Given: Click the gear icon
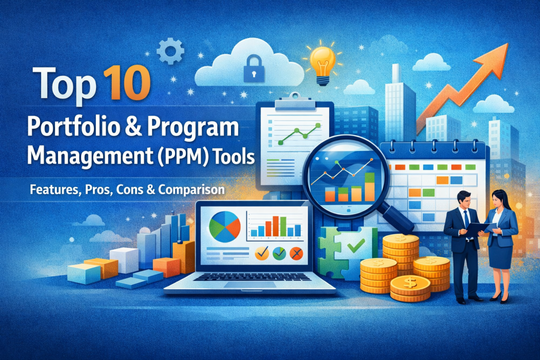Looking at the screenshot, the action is [170, 51].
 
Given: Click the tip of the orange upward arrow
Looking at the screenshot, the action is [508, 44].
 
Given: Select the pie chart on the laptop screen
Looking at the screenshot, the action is [225, 227].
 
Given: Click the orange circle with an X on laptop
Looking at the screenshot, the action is [296, 254].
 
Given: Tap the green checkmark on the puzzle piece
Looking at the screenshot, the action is [356, 246].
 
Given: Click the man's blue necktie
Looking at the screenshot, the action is [467, 220].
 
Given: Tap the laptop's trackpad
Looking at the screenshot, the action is [250, 285].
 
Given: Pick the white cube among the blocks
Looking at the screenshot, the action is [124, 260].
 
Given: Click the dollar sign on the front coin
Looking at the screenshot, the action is [410, 283].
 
